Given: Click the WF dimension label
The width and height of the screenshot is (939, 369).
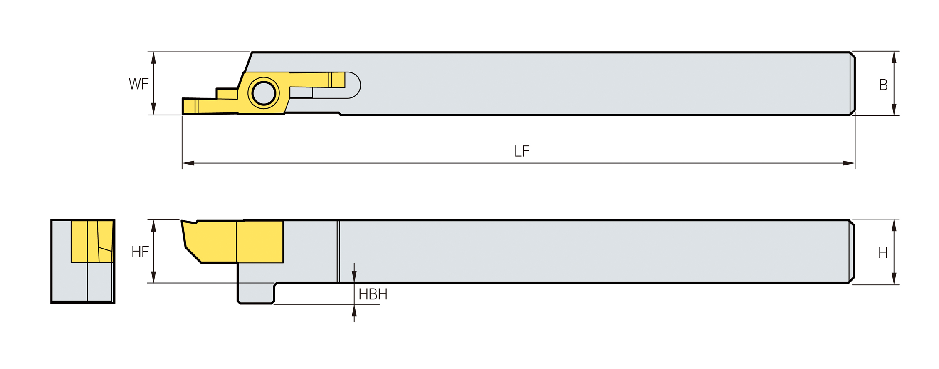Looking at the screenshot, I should (x=138, y=84).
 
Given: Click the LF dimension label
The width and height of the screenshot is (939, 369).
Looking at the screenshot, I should (x=521, y=151).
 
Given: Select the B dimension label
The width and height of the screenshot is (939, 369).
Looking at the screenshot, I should (x=883, y=85).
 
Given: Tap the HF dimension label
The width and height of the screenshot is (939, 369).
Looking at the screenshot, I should (x=140, y=252).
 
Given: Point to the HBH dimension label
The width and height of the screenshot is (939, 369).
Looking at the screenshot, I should (x=373, y=295).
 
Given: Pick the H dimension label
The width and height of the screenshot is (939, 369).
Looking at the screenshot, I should (x=883, y=253).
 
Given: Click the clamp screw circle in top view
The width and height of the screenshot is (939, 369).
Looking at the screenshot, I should (x=264, y=93).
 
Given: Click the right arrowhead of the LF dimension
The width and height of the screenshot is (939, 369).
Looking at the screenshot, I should (x=848, y=163).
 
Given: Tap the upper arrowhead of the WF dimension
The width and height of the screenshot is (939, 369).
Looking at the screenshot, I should (x=153, y=58).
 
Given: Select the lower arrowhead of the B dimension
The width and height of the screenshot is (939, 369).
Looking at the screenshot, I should (x=894, y=109).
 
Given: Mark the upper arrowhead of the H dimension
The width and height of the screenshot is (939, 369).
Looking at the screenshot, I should (x=894, y=226).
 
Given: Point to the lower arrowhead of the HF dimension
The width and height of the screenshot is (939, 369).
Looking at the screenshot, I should (x=153, y=277).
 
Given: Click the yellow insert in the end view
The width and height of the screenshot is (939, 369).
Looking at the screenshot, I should (x=91, y=242).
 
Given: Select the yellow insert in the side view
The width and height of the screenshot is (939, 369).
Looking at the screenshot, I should (x=233, y=242).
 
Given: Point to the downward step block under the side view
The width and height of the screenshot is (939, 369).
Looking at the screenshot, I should (x=255, y=293).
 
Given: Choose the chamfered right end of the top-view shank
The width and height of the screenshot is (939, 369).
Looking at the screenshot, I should (x=853, y=83).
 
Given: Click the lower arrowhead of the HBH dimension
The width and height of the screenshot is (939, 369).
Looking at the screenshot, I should (x=354, y=311).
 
